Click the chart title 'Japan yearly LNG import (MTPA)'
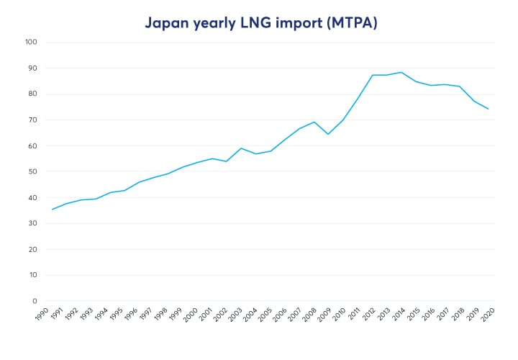(x=260, y=22)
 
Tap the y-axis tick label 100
(x=30, y=42)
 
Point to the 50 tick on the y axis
(x=32, y=171)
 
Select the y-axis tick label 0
(x=35, y=301)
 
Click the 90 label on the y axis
(x=32, y=68)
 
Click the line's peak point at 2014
(x=401, y=72)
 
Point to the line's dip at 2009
(x=328, y=134)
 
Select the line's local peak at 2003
(x=241, y=148)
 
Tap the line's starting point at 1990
(x=52, y=210)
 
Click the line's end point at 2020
(x=489, y=109)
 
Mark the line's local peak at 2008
(x=314, y=122)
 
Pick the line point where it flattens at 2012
(x=372, y=75)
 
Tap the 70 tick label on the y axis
(x=32, y=120)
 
